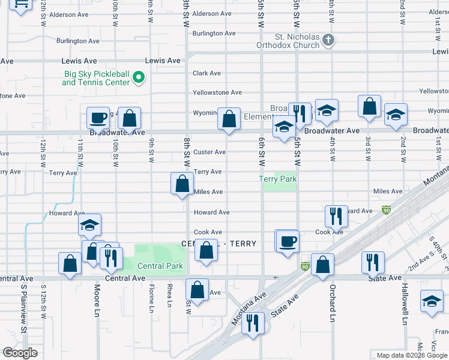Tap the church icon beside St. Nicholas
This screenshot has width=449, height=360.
(x=328, y=41)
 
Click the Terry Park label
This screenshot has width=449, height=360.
(x=278, y=179)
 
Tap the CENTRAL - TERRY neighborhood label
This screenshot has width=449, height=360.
(x=219, y=244)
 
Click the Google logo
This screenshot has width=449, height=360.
(x=20, y=353)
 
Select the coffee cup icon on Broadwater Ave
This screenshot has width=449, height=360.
(x=98, y=118)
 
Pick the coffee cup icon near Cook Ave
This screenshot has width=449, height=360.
(x=288, y=241)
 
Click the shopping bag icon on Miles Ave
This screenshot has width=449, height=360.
(x=182, y=184)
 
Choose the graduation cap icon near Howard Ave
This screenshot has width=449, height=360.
(x=89, y=226)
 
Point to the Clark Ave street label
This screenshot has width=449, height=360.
(x=207, y=73)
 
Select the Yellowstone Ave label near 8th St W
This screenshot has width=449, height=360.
(x=217, y=92)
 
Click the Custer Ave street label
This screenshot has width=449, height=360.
(x=209, y=152)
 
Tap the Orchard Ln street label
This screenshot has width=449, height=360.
(x=331, y=302)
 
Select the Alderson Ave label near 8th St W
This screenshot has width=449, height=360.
(x=212, y=13)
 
